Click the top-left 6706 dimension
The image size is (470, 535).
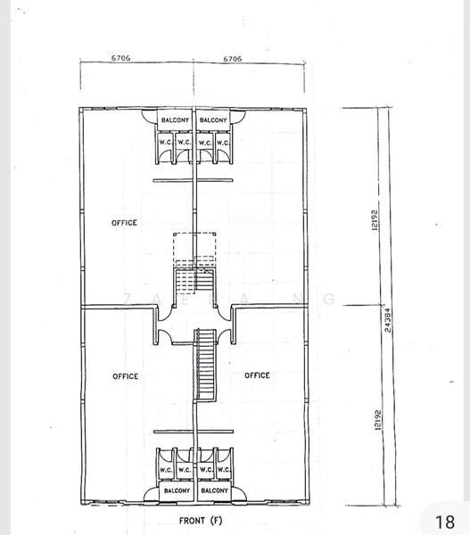[x=121, y=58]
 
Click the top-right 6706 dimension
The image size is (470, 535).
[x=231, y=58]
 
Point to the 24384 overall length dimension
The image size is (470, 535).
[x=387, y=319]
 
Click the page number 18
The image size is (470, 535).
[x=444, y=521]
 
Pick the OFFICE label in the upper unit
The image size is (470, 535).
[x=124, y=223]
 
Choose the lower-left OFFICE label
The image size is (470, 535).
[x=125, y=376]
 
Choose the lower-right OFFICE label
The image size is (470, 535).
[x=257, y=375]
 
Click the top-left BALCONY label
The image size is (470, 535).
[x=175, y=119]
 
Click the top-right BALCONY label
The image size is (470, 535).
[x=214, y=119]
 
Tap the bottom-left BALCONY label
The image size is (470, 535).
[x=177, y=490]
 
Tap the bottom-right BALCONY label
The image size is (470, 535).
[x=214, y=490]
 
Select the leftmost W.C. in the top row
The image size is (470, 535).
[x=166, y=142]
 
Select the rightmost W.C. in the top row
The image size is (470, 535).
[x=223, y=142]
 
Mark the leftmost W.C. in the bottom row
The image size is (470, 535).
[x=166, y=470]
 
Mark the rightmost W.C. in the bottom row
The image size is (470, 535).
[x=224, y=470]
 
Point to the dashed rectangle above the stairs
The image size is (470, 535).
[x=194, y=247]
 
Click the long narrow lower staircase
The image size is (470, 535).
[x=207, y=366]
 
